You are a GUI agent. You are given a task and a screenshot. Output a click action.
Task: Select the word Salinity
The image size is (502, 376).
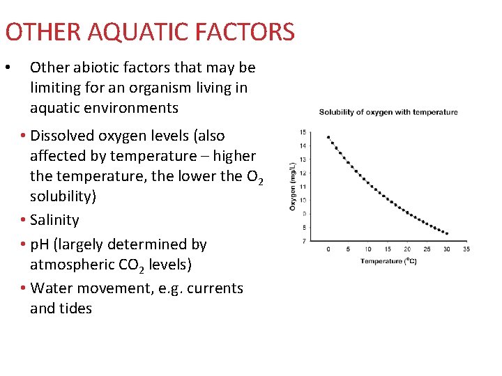click(x=55, y=220)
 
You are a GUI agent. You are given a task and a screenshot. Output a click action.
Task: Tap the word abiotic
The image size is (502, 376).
click(x=96, y=68)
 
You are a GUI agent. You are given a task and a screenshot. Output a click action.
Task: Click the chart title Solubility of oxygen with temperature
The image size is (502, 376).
click(x=388, y=112)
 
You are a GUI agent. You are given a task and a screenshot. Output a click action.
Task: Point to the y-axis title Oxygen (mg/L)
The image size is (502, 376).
click(x=293, y=186)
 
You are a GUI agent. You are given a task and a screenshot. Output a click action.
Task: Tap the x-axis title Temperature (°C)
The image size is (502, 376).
click(x=388, y=261)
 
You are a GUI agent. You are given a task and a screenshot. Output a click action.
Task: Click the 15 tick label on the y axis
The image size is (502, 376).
click(x=303, y=132)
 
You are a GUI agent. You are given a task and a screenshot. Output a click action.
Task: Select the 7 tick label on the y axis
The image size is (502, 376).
click(x=304, y=241)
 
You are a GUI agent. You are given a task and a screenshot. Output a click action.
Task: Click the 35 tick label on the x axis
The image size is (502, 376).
click(x=466, y=249)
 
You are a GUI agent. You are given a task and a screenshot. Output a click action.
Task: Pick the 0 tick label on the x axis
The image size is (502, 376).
click(x=328, y=249)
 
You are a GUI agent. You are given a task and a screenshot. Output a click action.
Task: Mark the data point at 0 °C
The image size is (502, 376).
click(x=328, y=137)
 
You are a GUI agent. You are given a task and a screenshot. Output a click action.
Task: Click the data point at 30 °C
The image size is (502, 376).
click(x=446, y=233)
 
